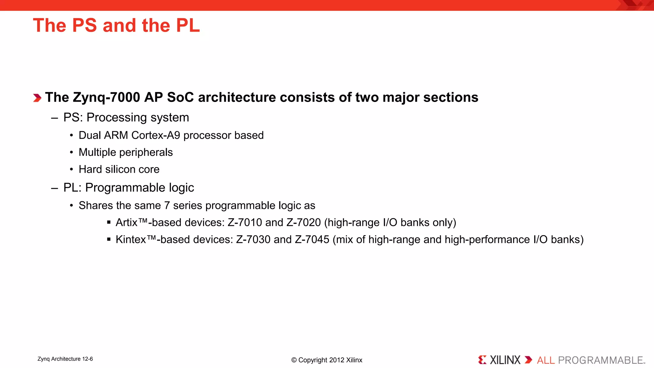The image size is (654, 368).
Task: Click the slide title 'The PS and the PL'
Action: pyautogui.click(x=116, y=25)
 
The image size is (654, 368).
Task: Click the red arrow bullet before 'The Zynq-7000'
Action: pyautogui.click(x=37, y=98)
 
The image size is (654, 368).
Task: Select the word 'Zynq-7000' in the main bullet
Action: pyautogui.click(x=106, y=97)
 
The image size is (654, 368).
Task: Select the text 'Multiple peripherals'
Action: pyautogui.click(x=125, y=152)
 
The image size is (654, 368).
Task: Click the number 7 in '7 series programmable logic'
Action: pyautogui.click(x=167, y=205)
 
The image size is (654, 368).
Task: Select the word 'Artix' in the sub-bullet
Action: pyautogui.click(x=126, y=222)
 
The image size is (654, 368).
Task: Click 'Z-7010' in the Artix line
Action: pyautogui.click(x=245, y=222)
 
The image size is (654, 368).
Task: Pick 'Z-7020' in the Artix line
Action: pyautogui.click(x=303, y=222)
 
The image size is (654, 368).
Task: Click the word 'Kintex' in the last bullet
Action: pyautogui.click(x=131, y=240)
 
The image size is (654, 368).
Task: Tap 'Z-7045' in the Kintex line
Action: pyautogui.click(x=312, y=240)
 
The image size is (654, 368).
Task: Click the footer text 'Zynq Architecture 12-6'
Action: pyautogui.click(x=65, y=359)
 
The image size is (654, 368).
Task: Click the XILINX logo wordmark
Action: pyautogui.click(x=505, y=360)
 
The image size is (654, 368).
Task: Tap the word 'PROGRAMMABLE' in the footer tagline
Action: pyautogui.click(x=600, y=360)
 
